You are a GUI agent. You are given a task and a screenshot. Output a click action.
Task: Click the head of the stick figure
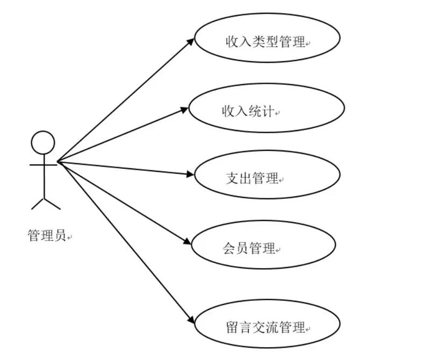point(43,143)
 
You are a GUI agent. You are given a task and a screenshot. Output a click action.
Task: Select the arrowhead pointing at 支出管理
point(190,175)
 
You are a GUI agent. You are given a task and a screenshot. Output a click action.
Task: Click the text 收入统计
point(248,111)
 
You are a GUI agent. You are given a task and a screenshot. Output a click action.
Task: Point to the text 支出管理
point(252,178)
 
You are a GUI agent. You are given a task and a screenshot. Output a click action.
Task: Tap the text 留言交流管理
point(265,327)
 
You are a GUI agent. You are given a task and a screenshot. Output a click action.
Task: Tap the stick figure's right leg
point(52,203)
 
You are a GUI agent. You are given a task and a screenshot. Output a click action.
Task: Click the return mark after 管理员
point(69,237)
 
